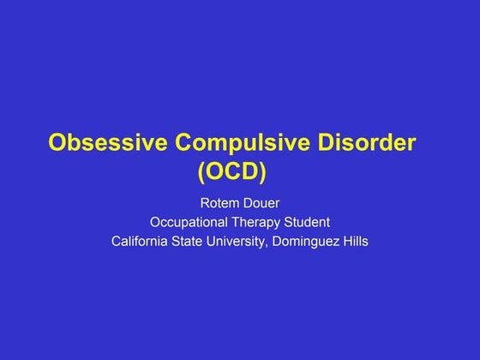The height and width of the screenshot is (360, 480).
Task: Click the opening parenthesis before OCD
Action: click(202, 171)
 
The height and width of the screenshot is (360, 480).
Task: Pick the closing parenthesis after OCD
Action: click(262, 171)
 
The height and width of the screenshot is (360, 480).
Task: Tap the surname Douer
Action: click(258, 203)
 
